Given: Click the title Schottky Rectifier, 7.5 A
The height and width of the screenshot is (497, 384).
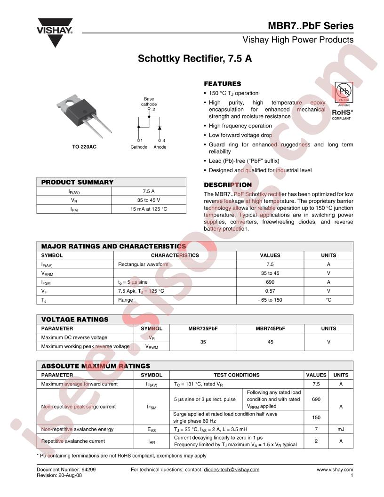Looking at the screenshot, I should coord(194,59).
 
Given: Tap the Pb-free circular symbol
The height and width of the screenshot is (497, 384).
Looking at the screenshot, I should coord(343,91).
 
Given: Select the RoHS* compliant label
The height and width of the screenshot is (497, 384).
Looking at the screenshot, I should coord(343,115).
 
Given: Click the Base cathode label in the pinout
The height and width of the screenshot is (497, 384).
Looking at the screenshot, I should coord(149,102).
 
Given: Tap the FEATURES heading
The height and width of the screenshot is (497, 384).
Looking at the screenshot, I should coord(222,84).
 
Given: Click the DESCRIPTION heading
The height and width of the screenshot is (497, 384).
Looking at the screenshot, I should coord(227,185).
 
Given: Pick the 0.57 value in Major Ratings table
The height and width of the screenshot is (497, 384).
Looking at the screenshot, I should coord(270,291).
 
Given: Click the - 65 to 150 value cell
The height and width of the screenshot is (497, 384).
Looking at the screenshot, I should coord(270,300).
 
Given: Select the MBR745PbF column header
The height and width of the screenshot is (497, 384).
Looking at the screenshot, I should coord(270,329).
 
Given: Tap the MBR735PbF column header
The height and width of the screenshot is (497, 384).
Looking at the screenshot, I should coord(203,329).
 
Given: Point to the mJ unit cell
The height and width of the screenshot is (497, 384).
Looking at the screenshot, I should coord(341,429).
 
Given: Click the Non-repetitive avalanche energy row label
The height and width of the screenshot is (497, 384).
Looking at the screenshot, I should coord(77,429).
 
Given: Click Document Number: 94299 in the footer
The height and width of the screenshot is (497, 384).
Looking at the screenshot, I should coord(69,470).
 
